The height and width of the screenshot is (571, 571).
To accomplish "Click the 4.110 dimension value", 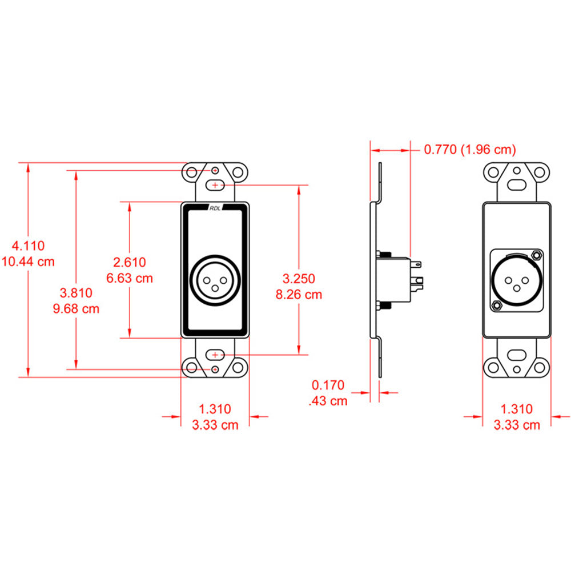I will [x=29, y=246].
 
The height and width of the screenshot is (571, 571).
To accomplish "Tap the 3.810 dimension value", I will [x=76, y=293].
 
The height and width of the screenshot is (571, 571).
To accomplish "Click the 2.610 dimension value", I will [x=130, y=262].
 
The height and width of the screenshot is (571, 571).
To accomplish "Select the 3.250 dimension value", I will [x=299, y=279].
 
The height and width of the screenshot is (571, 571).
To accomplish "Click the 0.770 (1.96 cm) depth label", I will [x=469, y=150].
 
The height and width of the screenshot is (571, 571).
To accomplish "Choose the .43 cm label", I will [x=328, y=401].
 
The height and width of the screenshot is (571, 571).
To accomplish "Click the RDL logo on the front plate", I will [x=215, y=208].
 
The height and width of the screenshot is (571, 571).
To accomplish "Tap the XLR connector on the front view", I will [x=215, y=279].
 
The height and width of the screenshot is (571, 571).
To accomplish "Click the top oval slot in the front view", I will [x=215, y=185].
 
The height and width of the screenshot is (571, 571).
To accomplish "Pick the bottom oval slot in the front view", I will [x=215, y=355].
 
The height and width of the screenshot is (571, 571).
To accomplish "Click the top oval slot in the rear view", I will [x=517, y=184].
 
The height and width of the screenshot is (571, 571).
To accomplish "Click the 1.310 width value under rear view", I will [x=516, y=409].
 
